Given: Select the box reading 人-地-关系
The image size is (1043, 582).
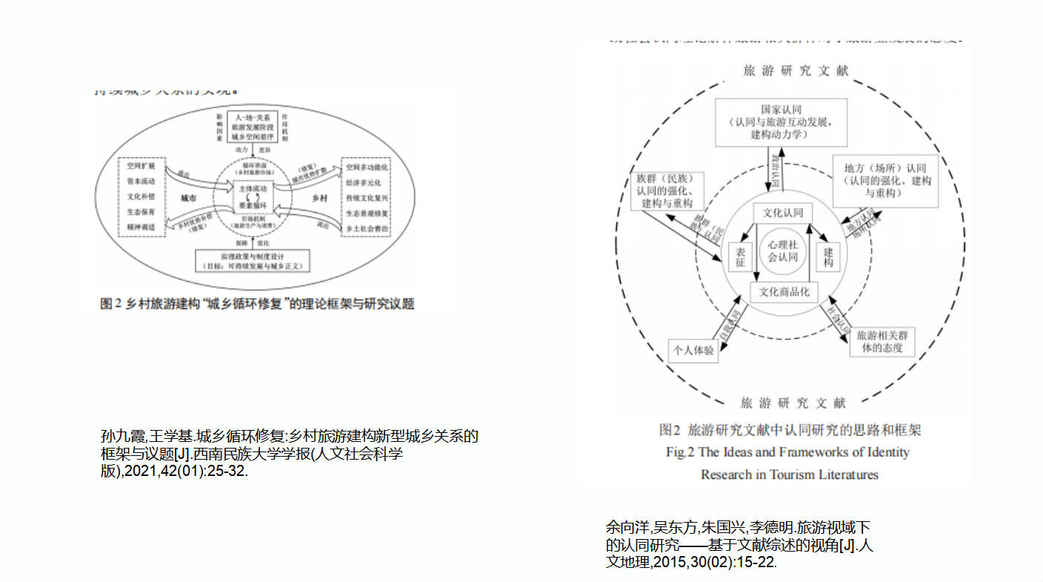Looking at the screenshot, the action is [x=253, y=128].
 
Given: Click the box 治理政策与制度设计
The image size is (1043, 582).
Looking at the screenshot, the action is [x=253, y=260].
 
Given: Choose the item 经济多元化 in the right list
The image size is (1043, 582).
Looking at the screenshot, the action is [x=367, y=182].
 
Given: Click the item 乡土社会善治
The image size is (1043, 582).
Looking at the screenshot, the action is [x=367, y=228].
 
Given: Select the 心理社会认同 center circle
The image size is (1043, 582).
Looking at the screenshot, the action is [x=782, y=251].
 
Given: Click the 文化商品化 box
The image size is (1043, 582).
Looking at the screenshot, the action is [x=783, y=292].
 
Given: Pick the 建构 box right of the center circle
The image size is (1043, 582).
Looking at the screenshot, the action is [x=827, y=257].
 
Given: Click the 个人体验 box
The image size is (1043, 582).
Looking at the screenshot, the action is [x=693, y=350].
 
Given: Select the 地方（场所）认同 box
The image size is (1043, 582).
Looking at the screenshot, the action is [x=885, y=180].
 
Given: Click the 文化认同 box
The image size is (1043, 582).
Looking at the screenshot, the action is [x=783, y=213].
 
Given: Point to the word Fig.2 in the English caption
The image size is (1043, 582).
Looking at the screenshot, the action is [x=679, y=452].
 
